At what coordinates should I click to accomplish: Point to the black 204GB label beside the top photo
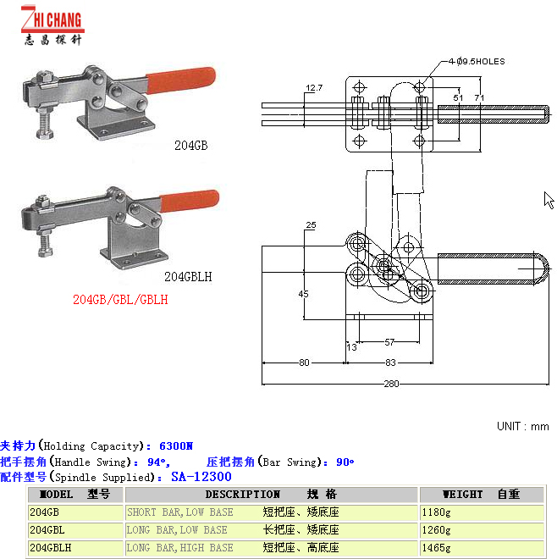coord(190,146)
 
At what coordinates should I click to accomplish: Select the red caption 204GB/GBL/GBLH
coord(120,299)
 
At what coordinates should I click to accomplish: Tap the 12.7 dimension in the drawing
coord(314,88)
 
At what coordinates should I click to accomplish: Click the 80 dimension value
coord(304,363)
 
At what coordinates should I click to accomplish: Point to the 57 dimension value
coord(389,343)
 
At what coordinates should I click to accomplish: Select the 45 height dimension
coord(303,294)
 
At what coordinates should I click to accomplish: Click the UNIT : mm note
coord(523,426)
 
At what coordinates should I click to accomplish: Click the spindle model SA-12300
coord(201,477)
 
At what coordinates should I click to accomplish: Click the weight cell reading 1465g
coord(438,548)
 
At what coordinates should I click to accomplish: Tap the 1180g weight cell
coord(438,512)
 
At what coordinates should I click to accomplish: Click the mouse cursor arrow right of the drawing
coord(548,199)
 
